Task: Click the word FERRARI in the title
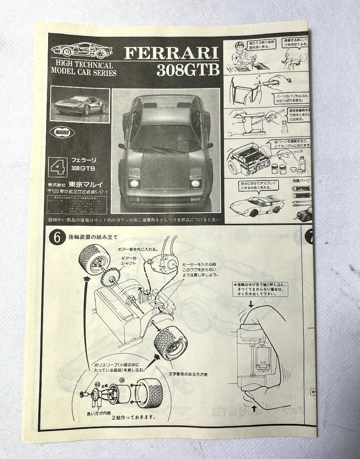point(172,54)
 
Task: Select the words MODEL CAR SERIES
point(84,72)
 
